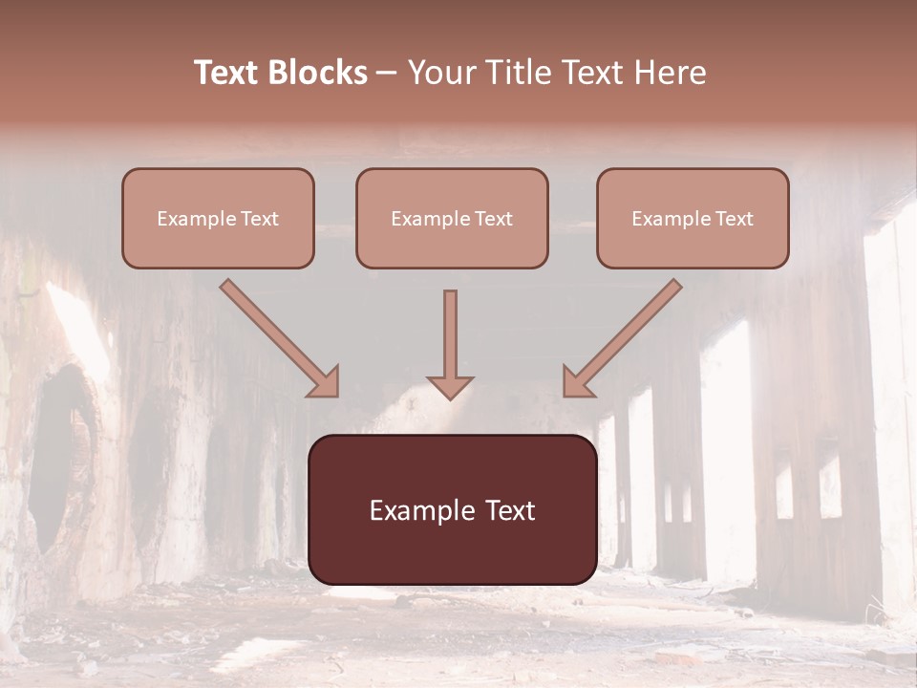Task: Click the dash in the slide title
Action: pos(387,74)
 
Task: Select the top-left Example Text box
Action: pos(218,218)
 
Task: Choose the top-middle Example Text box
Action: pos(452,218)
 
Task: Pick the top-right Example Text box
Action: pos(693,218)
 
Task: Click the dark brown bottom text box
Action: pos(452,509)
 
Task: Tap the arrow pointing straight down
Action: pos(450,344)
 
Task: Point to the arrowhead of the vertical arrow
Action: pos(450,387)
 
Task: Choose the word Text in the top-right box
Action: pos(734,219)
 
